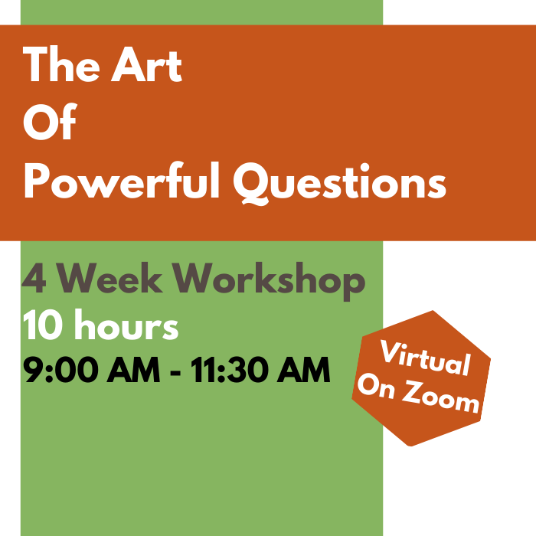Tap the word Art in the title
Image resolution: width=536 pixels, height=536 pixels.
point(146,65)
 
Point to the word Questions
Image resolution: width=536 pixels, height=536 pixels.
point(340,183)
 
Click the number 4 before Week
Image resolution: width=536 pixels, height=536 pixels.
point(34,279)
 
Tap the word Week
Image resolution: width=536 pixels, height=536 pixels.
point(109,278)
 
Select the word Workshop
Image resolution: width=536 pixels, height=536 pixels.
point(269,281)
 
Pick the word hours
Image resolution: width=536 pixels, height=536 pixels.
point(126,324)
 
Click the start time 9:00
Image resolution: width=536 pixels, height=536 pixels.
point(58,370)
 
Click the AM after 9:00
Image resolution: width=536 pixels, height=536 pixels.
point(133,370)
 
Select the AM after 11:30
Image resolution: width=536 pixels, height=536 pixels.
point(303,370)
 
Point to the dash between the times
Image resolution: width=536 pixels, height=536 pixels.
point(175,372)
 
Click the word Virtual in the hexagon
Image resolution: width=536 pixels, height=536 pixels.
point(425,358)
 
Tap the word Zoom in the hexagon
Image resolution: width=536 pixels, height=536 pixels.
point(441,397)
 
